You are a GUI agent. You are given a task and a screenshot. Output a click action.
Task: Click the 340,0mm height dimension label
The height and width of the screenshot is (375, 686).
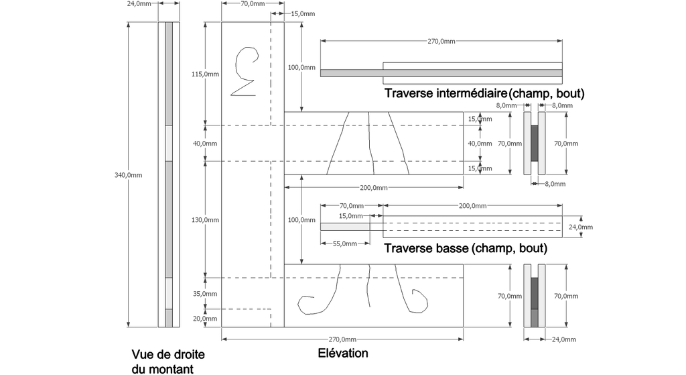click(128, 175)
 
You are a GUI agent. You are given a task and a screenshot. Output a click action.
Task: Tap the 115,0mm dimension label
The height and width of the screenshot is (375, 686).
click(205, 74)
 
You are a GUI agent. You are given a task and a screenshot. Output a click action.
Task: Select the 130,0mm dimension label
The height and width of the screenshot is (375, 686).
click(205, 220)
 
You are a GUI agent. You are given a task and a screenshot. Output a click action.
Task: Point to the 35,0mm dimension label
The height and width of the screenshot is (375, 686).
click(205, 294)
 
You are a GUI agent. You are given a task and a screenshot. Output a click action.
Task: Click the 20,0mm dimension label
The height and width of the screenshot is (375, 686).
click(205, 319)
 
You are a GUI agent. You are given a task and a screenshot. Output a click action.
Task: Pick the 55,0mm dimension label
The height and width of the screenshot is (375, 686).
click(345, 244)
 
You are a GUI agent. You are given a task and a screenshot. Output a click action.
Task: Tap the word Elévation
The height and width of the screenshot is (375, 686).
click(343, 353)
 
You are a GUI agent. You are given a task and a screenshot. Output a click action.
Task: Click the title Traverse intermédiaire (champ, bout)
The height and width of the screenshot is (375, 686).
click(484, 93)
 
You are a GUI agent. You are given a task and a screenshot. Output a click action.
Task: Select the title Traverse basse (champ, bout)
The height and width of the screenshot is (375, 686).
click(466, 248)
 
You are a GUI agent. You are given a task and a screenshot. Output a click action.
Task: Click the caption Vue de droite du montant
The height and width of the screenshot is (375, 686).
click(168, 362)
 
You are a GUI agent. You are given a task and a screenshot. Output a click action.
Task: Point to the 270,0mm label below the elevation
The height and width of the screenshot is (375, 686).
click(342, 339)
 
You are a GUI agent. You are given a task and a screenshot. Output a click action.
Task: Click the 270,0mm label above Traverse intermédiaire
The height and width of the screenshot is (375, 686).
click(441, 41)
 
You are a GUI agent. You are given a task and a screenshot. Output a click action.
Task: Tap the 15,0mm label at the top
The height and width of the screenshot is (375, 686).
click(303, 13)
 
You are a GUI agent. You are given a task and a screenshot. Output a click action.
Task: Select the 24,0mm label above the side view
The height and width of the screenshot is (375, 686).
click(139, 3)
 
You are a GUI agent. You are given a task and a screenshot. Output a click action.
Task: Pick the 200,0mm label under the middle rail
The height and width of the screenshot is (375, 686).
click(374, 188)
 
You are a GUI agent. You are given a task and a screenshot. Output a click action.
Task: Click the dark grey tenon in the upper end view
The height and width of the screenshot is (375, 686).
click(535, 144)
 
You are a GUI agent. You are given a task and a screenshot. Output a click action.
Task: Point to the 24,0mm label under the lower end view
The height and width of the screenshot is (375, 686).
click(564, 339)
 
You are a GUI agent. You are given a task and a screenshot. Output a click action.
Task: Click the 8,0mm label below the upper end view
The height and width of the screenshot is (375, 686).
click(555, 184)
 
